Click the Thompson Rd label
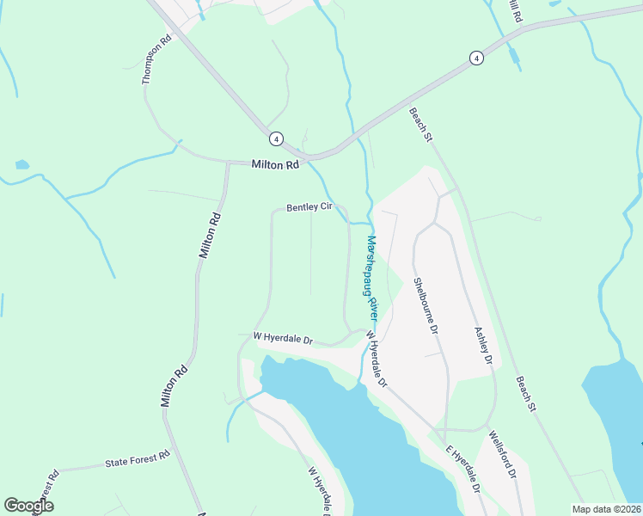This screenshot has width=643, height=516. [158, 59]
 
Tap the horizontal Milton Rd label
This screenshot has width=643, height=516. [274, 164]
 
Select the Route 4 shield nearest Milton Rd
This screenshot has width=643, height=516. [275, 138]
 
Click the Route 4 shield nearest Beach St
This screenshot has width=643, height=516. [475, 58]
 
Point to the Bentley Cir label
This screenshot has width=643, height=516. [309, 207]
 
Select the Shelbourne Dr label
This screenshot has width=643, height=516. [426, 306]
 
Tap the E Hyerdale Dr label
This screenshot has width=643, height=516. [462, 470]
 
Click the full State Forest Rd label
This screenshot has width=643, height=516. [138, 463]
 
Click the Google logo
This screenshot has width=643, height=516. [28, 506]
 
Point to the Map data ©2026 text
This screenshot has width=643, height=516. [605, 509]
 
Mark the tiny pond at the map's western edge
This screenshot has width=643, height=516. [21, 164]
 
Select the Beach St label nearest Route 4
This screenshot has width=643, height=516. [419, 126]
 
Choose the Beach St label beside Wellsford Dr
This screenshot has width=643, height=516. [526, 393]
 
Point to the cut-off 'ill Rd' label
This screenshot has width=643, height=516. [514, 10]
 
